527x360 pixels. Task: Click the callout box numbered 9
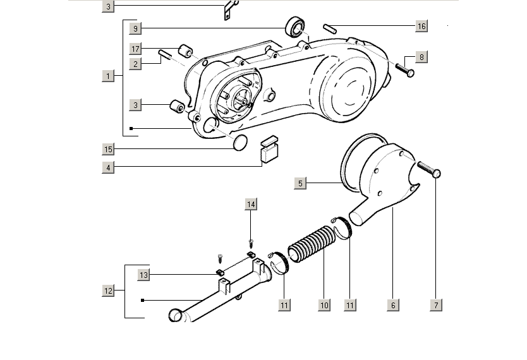point(135,28)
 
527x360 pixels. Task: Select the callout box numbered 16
point(421,26)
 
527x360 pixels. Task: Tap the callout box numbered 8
point(421,57)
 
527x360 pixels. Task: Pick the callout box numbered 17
point(135,49)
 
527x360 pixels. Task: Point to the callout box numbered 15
point(109,149)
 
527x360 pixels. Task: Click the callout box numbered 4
point(109,167)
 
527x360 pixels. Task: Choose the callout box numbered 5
point(301,183)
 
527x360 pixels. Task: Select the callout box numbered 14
point(251,204)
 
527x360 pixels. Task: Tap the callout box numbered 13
point(144,275)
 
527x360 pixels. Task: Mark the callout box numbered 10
point(324,305)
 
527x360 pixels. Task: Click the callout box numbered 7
point(435,305)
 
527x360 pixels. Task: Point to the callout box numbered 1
point(109,76)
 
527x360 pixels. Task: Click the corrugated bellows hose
point(310,243)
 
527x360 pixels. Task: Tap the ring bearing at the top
point(294,27)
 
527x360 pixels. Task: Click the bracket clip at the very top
point(229,11)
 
